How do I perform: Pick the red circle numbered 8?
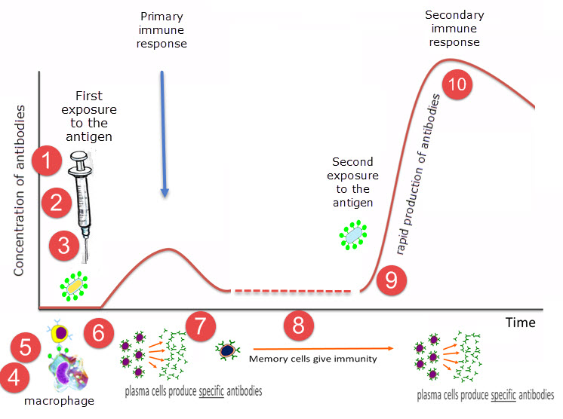298,326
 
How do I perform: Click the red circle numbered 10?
457,84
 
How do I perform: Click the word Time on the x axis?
521,323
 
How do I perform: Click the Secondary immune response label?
454,29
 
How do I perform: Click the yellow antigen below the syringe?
73,286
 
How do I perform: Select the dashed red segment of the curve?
291,291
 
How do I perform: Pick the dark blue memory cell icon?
226,350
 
